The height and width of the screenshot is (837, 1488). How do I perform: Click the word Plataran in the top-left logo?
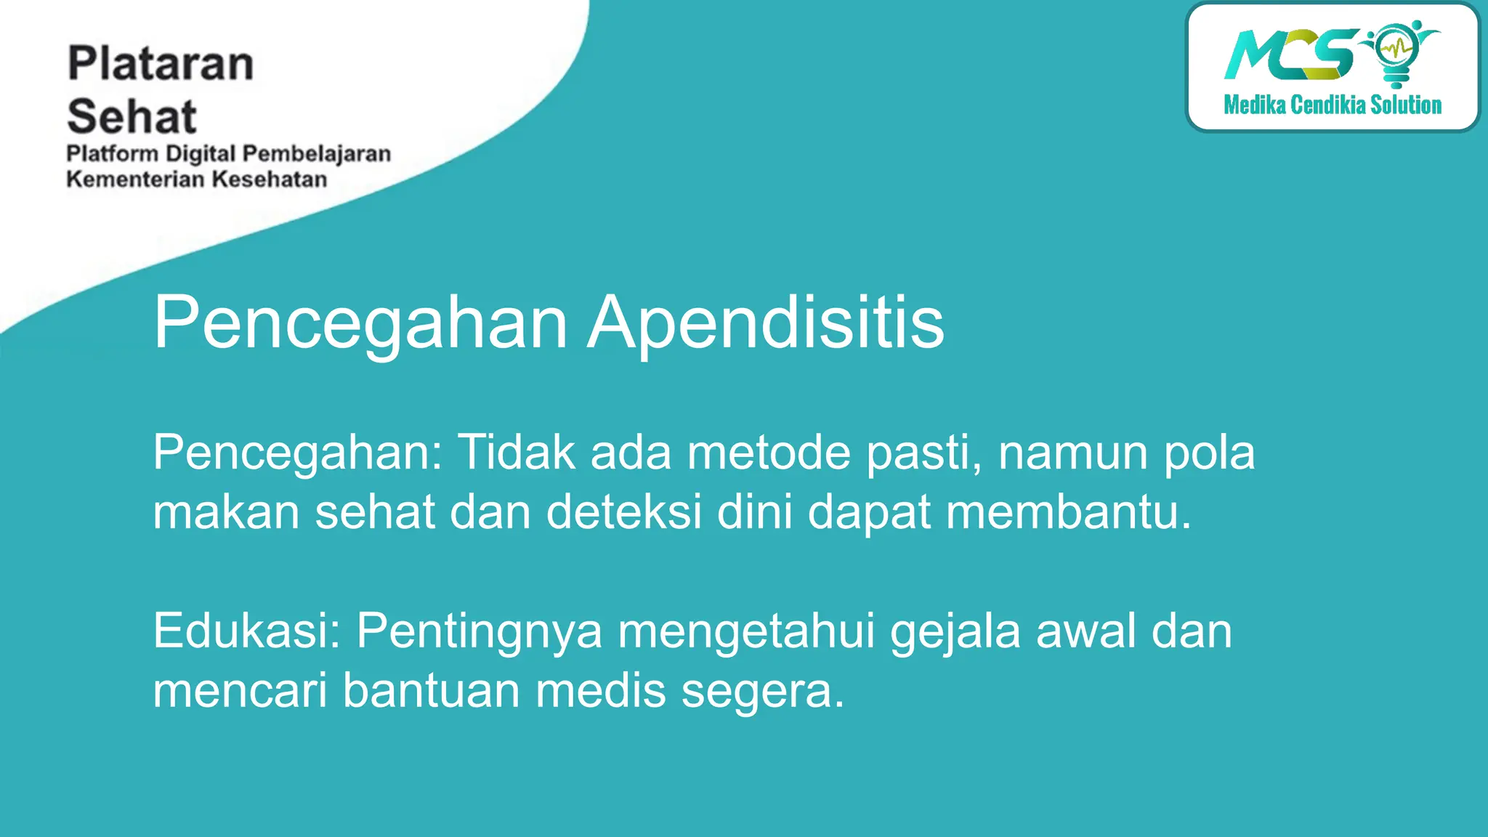(161, 64)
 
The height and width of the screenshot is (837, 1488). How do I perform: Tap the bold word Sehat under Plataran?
(132, 117)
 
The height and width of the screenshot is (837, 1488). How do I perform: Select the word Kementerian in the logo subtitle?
(135, 179)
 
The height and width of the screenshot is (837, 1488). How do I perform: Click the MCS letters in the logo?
(1290, 54)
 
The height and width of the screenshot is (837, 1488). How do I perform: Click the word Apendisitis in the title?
(766, 323)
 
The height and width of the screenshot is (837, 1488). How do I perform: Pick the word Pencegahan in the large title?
(360, 323)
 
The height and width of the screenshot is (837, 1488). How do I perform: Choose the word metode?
(769, 453)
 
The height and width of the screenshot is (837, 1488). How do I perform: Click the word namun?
(1073, 453)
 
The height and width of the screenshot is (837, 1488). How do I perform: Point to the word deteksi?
(623, 512)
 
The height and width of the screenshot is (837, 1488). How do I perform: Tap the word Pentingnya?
(479, 631)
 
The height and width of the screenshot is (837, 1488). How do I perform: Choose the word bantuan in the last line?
(431, 690)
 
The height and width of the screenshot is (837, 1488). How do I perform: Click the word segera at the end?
(762, 690)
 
